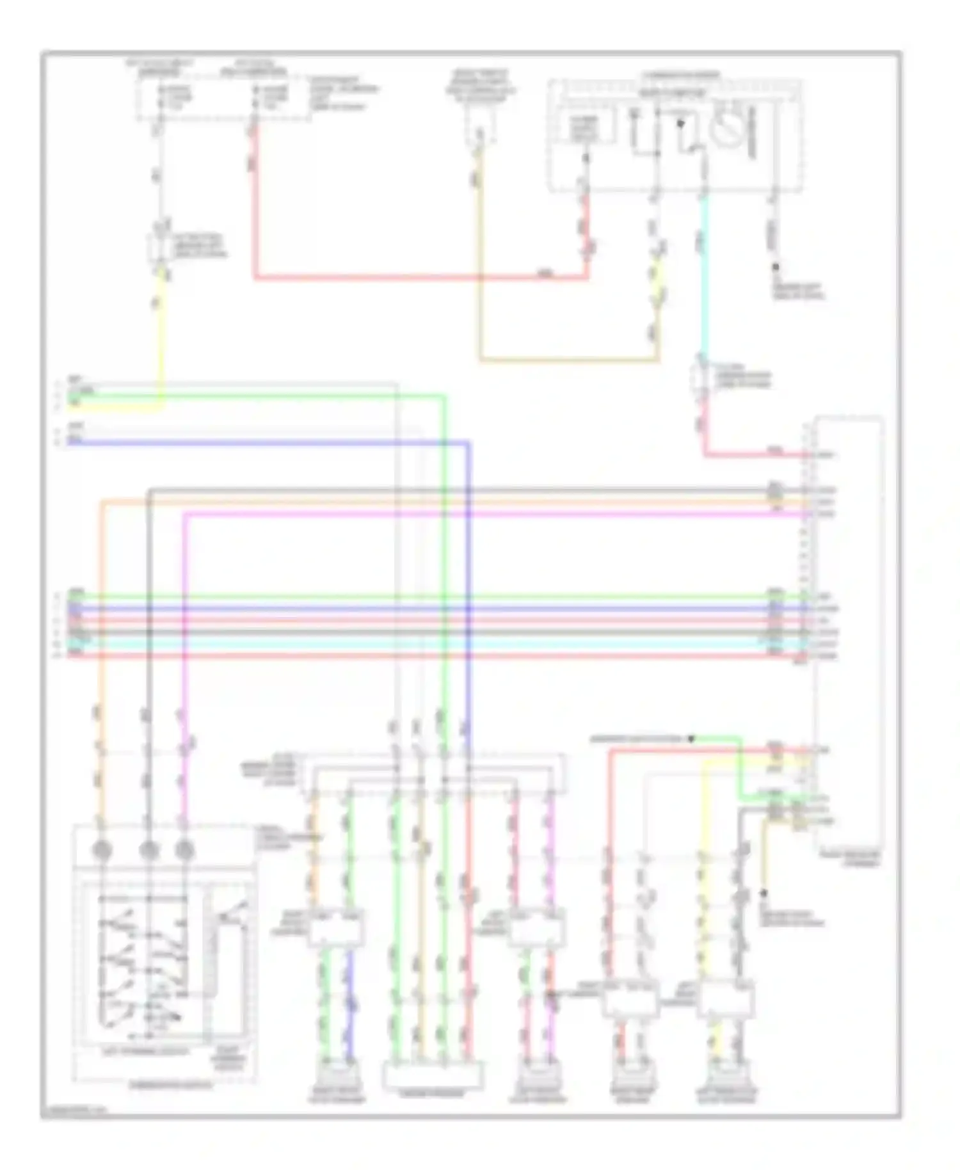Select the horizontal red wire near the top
[x=416, y=278]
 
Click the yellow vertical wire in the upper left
[x=161, y=339]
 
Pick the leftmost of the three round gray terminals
[x=102, y=850]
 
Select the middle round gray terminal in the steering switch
[x=148, y=850]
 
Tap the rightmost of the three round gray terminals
[x=184, y=850]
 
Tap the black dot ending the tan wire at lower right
[x=763, y=892]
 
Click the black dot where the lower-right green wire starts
[x=691, y=739]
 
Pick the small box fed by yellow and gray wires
[x=726, y=1000]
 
